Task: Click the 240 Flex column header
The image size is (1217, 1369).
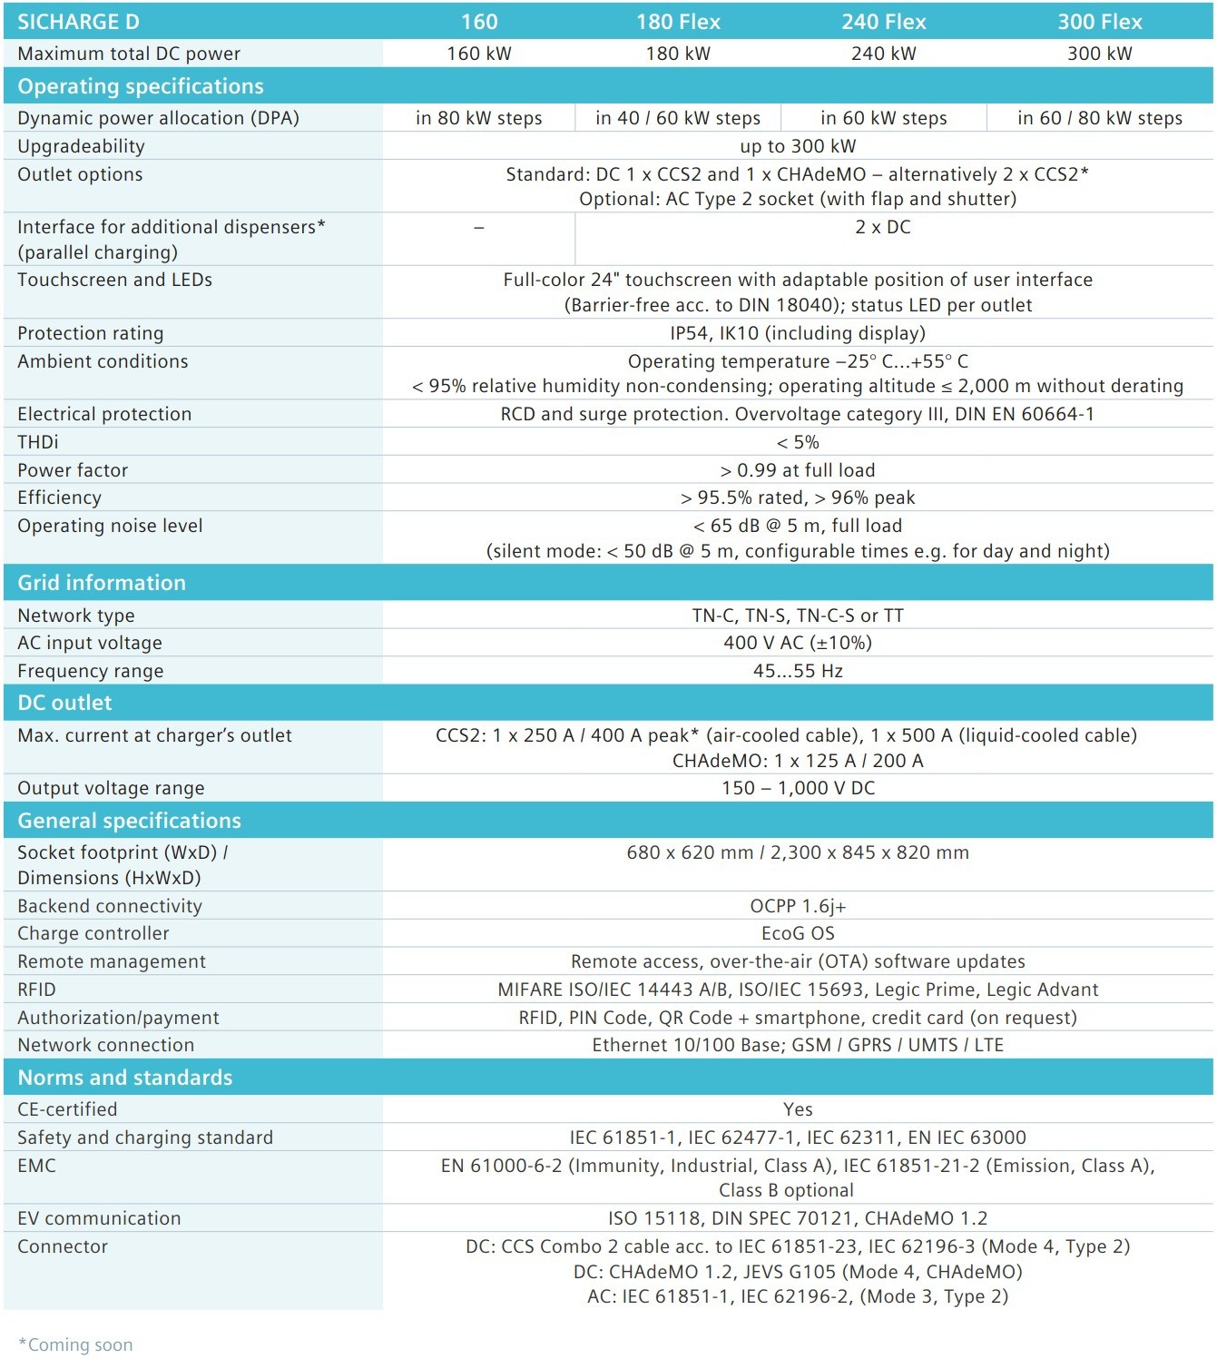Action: (x=883, y=21)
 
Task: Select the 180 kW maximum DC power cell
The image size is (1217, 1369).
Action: (x=678, y=54)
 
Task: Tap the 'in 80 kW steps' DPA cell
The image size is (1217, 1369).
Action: (x=478, y=118)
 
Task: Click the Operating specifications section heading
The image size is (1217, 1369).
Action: (x=141, y=86)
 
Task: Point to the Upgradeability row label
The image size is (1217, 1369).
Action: (x=81, y=146)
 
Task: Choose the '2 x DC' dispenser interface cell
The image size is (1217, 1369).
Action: (x=883, y=227)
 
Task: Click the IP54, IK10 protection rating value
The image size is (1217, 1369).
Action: (x=798, y=333)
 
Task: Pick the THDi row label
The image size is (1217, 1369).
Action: (x=38, y=442)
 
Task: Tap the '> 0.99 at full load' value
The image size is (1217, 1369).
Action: (x=798, y=470)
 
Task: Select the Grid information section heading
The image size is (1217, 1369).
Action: (x=102, y=583)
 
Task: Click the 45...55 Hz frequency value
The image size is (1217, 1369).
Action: (x=798, y=671)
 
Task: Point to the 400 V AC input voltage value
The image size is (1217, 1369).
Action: (x=798, y=643)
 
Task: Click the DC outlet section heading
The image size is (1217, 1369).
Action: (x=64, y=703)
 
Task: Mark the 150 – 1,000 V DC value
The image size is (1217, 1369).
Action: (x=798, y=788)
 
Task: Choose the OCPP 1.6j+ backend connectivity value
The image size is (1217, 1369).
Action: (x=798, y=906)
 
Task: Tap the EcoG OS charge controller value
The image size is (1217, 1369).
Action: (x=798, y=933)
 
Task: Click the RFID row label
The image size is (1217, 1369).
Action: (x=36, y=990)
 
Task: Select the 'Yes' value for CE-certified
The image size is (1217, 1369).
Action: (x=798, y=1109)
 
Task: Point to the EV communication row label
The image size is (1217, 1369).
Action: (x=99, y=1218)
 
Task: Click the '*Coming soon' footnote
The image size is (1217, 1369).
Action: (x=76, y=1344)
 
